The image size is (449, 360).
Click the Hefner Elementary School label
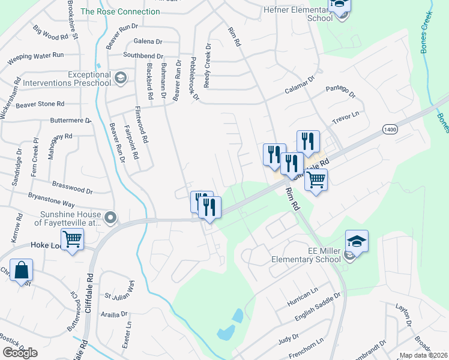[298, 14]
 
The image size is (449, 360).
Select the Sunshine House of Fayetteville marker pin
[109, 217]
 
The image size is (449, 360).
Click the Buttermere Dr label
[71, 120]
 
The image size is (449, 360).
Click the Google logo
[20, 353]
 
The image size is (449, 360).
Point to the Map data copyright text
[423, 355]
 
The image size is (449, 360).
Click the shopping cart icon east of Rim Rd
[316, 179]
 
